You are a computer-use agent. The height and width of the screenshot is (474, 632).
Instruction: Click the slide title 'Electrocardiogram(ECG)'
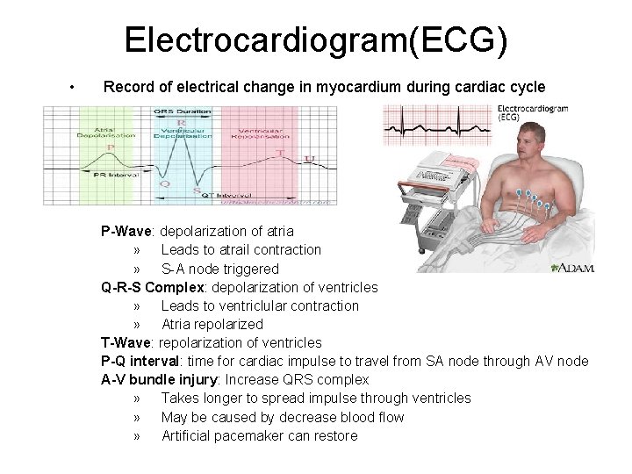click(315, 40)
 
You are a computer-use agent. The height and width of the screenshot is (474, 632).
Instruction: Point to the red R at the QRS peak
click(182, 124)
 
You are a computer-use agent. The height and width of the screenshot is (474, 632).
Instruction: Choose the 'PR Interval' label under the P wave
click(113, 176)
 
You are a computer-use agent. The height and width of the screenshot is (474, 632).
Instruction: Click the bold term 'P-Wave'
click(128, 232)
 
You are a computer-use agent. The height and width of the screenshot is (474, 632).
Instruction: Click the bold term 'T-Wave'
click(127, 342)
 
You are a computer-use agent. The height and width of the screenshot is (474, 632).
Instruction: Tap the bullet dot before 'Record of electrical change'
click(69, 88)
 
